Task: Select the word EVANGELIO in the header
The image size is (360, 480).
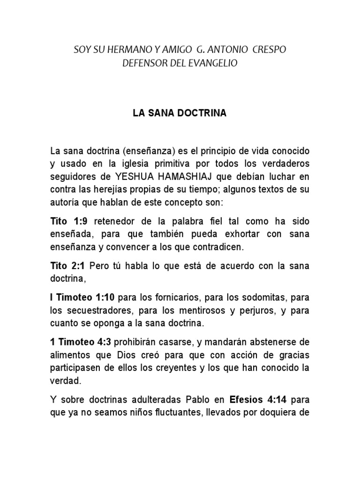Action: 213,63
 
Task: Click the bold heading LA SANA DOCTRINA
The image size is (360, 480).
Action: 180,113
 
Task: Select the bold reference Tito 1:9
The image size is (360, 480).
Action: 68,221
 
